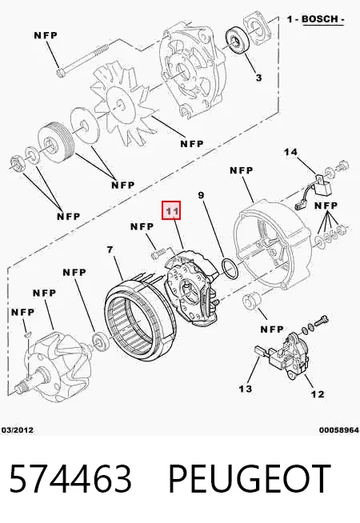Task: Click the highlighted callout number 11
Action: (x=171, y=210)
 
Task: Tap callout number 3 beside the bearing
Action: (x=258, y=78)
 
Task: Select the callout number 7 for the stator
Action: (x=110, y=250)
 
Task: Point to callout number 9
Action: (x=201, y=195)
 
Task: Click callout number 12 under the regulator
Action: (x=318, y=394)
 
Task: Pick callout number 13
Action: (x=246, y=389)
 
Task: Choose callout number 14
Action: (x=290, y=152)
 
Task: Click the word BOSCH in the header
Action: (x=320, y=19)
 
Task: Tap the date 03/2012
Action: (x=18, y=430)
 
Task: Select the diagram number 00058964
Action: (x=339, y=430)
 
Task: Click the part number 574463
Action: (x=70, y=478)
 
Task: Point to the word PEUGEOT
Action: (x=250, y=478)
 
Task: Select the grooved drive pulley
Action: (x=54, y=142)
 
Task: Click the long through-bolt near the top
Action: (x=82, y=59)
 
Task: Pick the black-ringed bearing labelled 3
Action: (x=236, y=39)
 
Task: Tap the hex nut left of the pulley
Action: (x=15, y=163)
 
